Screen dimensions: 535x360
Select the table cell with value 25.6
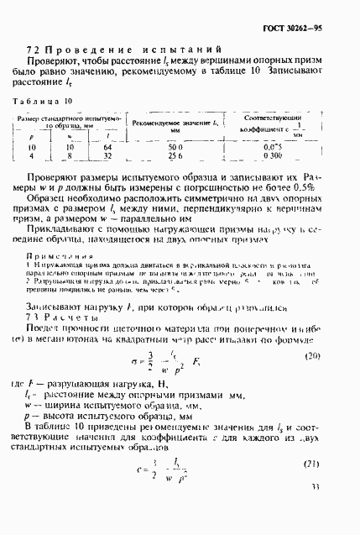coord(174,155)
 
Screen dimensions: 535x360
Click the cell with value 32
coord(107,155)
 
